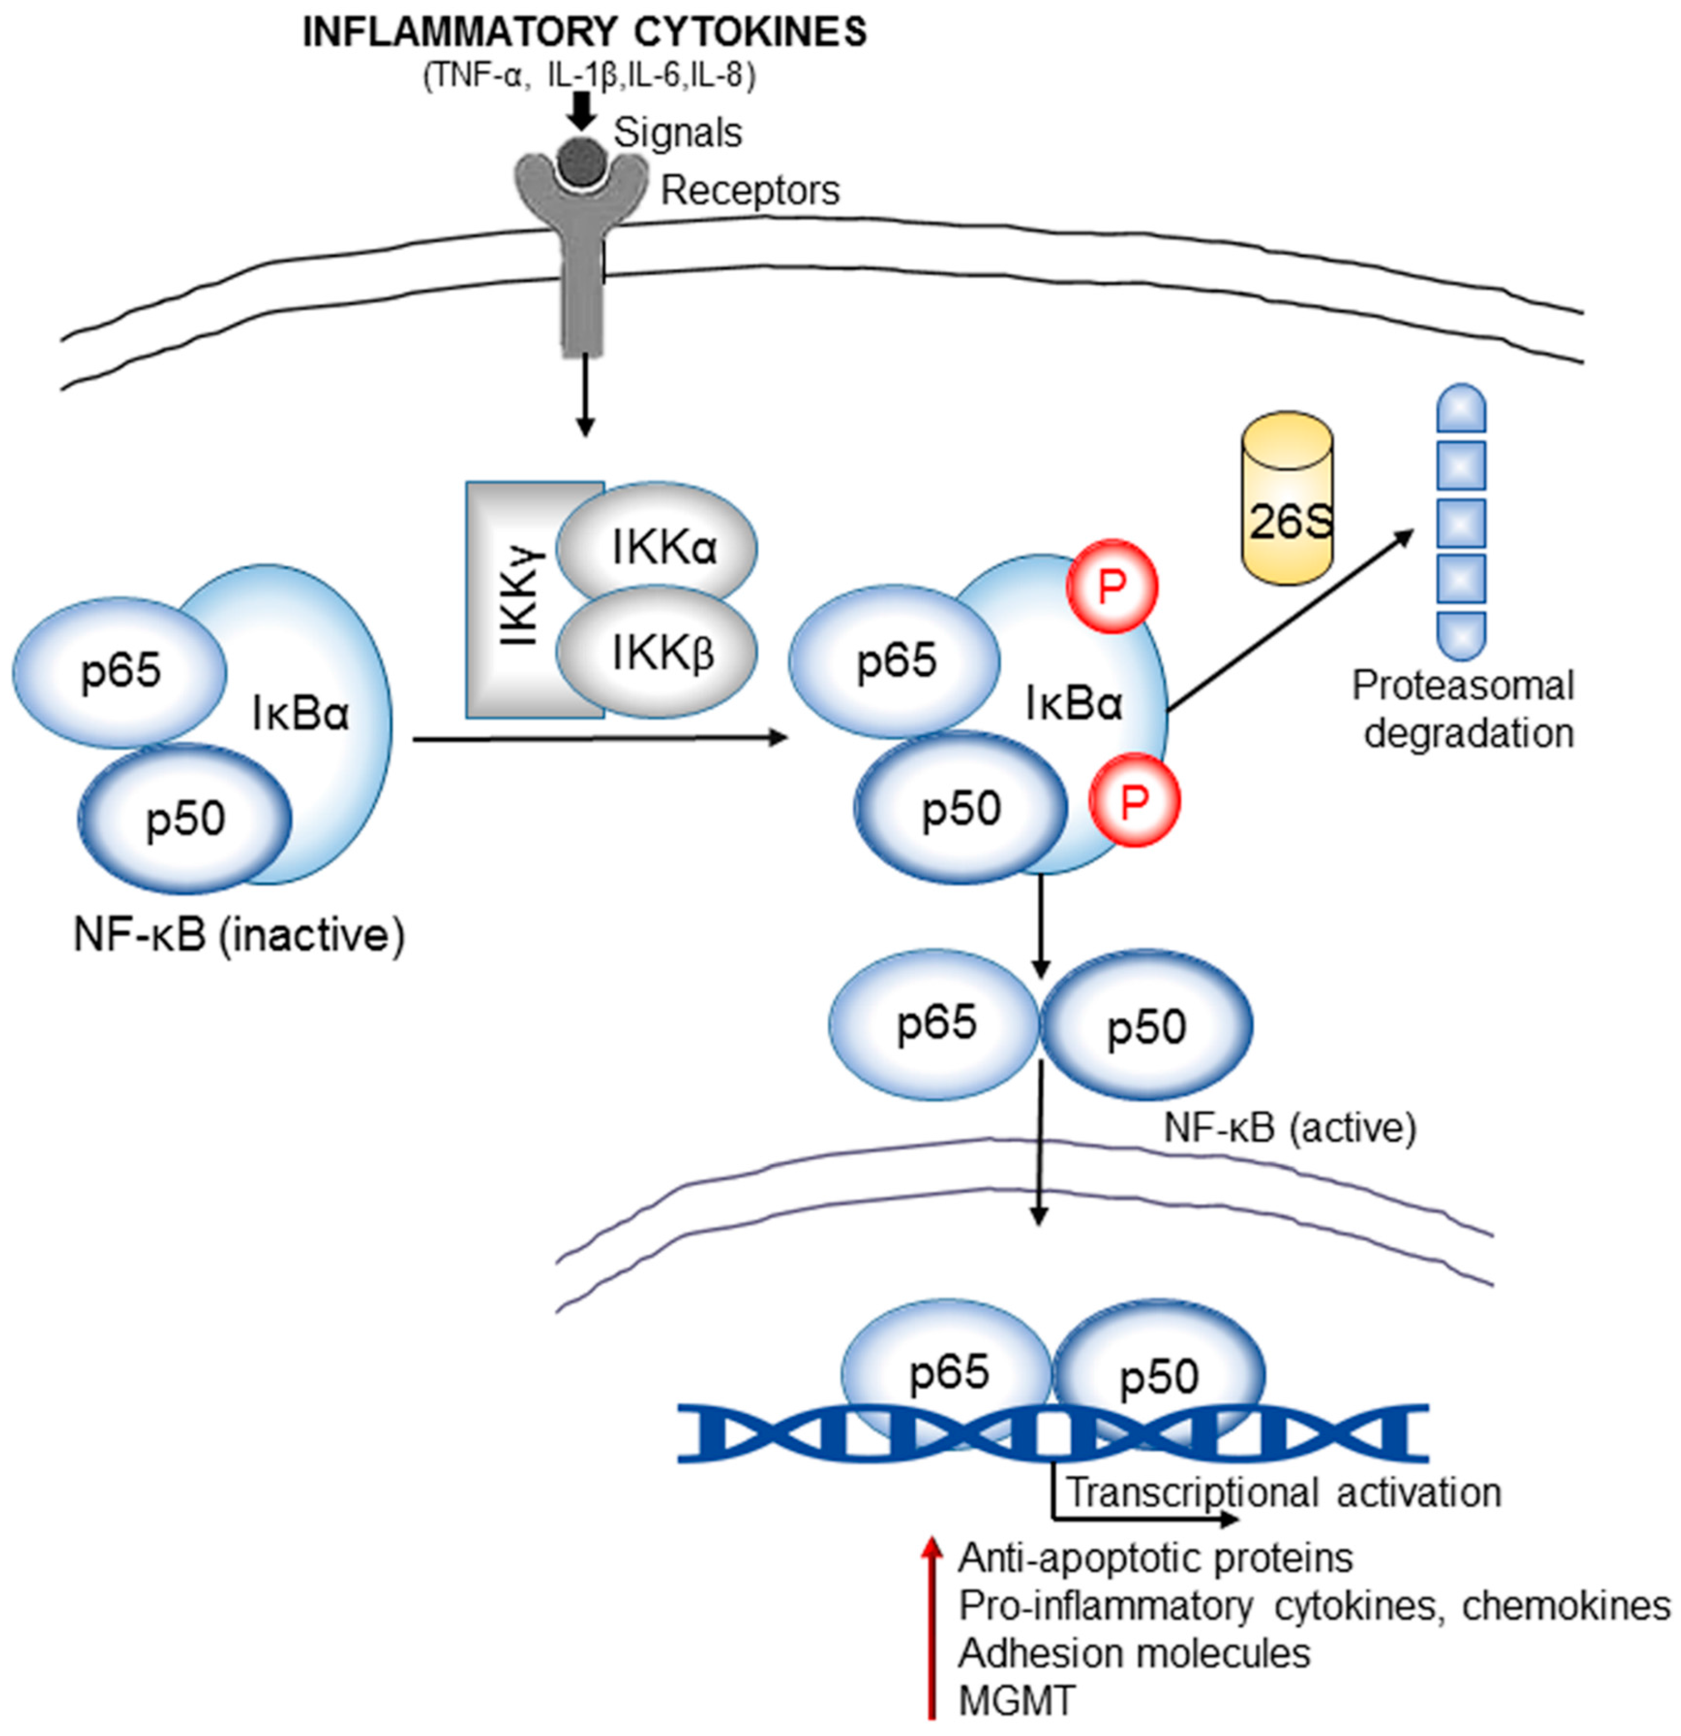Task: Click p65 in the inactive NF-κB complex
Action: pyautogui.click(x=120, y=671)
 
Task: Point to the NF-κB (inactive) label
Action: pyautogui.click(x=238, y=935)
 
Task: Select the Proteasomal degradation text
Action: pyautogui.click(x=1463, y=709)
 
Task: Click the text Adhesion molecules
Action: pyautogui.click(x=1133, y=1653)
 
